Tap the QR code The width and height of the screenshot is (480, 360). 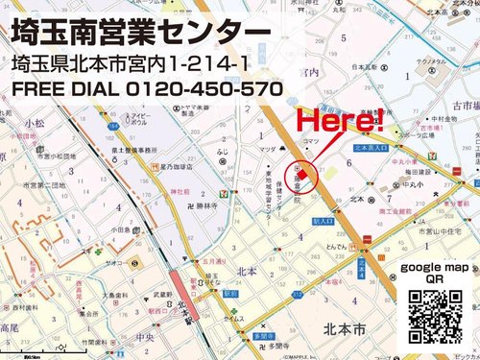coord(435,316)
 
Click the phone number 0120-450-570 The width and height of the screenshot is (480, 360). coord(203,89)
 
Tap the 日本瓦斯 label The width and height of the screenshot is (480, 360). coord(361,67)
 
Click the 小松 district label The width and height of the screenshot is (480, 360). coord(36,124)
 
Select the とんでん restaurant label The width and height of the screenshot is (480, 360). coord(334,247)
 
